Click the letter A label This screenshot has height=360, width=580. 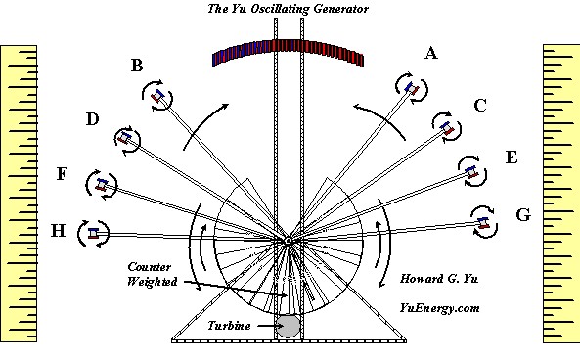pos(431,53)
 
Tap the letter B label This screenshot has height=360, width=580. pos(137,66)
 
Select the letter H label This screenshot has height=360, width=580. pos(58,231)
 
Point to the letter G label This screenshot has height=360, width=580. pos(523,215)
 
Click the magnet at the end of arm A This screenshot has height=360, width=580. pos(412,89)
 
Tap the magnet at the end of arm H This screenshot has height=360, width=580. pos(93,233)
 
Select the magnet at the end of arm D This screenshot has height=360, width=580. pos(125,138)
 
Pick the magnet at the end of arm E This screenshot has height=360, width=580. pos(472,171)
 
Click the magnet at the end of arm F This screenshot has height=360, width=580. pos(102,184)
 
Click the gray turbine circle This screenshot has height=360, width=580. pos(289,326)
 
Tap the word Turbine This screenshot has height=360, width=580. pos(229,326)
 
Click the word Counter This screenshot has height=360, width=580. pos(150,267)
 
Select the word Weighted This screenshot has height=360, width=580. pos(152,282)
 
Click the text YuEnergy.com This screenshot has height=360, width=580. pos(439,308)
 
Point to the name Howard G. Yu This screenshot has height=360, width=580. pos(439,278)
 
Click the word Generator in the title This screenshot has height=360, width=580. pos(340,9)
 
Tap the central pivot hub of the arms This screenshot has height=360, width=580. pos(288,242)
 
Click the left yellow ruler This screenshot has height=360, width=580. pos(19,194)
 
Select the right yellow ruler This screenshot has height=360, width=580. pos(561,194)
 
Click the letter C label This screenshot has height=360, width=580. pos(480,106)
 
